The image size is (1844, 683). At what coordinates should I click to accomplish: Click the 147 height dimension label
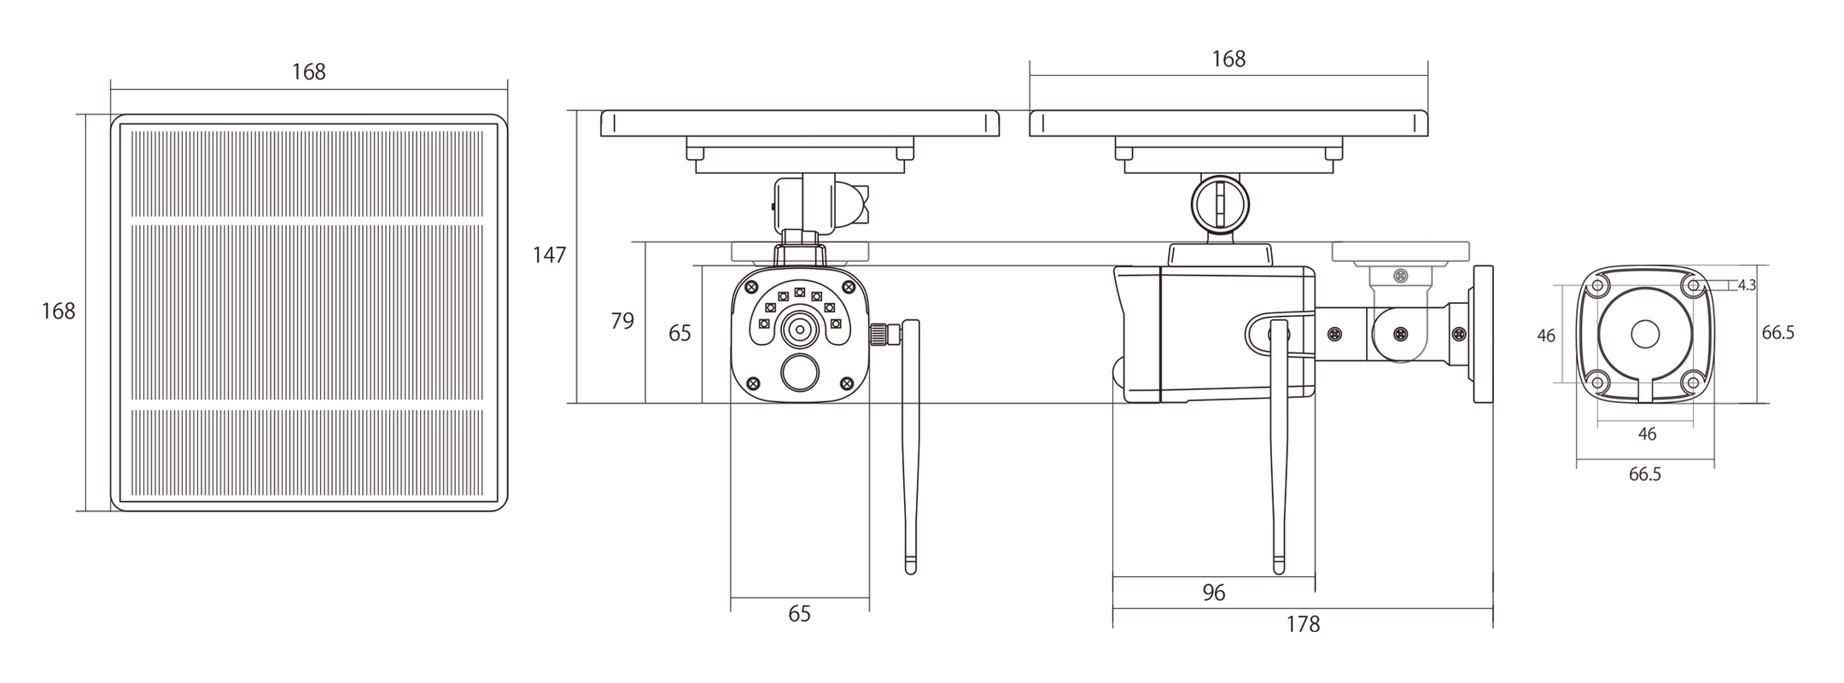coord(549,254)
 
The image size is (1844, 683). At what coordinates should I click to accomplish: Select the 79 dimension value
coord(622,321)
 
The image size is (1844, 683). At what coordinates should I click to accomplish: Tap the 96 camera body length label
coord(1213,593)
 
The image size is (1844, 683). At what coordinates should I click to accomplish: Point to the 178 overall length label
coord(1303,625)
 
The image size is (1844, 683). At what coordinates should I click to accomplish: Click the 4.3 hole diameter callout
coord(1747,285)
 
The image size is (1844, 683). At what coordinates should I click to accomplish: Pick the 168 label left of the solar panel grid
coord(58,312)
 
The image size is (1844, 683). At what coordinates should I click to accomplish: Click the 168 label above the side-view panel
coord(1228,59)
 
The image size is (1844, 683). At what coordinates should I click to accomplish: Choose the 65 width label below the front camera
coord(799,614)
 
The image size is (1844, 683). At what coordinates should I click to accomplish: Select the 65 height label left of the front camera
coord(680,333)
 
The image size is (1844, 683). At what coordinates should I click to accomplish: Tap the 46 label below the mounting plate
coord(1647,435)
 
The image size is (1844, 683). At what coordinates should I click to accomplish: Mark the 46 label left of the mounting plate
coord(1546,336)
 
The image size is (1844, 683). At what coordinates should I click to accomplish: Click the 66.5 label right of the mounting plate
coord(1778,333)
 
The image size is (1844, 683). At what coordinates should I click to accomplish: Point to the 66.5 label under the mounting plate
coord(1645,475)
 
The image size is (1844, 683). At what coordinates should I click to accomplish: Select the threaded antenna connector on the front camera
coord(884,334)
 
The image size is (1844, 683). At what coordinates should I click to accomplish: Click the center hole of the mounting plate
coord(1645,334)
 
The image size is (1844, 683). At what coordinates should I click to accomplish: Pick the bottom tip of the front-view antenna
coord(911,572)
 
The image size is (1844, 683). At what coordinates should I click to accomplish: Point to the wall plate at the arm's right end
coord(1483,334)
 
